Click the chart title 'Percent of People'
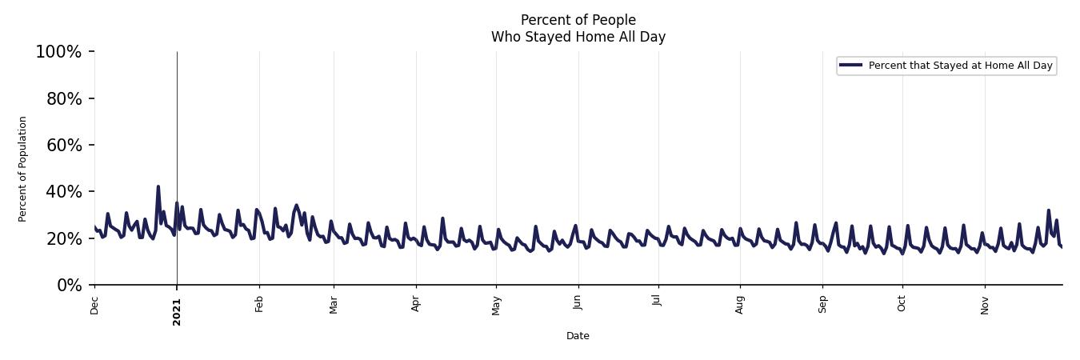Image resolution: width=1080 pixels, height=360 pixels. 578,20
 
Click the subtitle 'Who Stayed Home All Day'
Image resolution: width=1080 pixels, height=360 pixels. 578,37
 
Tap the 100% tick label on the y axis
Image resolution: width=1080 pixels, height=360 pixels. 58,52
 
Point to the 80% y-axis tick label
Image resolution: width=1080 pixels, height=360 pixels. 62,99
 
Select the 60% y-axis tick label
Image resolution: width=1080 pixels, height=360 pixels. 62,146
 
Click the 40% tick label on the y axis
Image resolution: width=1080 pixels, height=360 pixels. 62,192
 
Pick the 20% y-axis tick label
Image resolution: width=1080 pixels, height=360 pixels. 62,239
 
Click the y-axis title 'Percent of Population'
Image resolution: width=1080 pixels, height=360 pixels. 23,169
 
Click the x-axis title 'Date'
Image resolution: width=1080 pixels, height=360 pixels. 578,336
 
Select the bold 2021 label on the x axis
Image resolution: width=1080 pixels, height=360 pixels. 177,311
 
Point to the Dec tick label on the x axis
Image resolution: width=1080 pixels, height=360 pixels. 94,306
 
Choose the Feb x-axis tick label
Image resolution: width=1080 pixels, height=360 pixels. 259,305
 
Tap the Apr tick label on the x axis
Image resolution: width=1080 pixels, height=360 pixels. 416,305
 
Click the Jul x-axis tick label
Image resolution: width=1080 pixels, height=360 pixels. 658,303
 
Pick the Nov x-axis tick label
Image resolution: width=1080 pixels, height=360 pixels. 985,305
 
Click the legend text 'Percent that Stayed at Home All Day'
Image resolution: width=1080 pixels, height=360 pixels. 960,66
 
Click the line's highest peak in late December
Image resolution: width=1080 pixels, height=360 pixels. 158,187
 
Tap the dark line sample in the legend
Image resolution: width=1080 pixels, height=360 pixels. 851,66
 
